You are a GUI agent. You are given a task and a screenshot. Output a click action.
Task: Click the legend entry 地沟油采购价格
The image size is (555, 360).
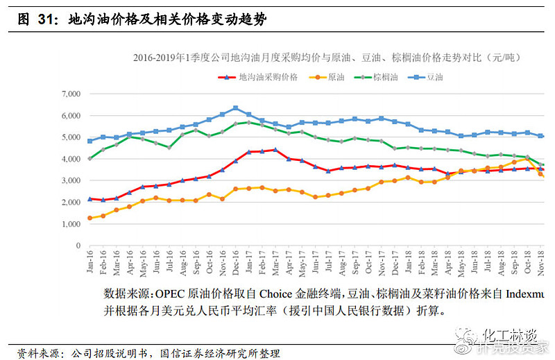pos(268,77)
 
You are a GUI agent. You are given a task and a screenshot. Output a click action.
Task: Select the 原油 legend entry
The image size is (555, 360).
pos(335,77)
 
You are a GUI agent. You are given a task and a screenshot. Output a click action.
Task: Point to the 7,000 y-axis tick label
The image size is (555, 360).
pos(71,94)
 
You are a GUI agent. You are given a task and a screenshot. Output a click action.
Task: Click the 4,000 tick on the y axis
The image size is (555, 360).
pos(71,159)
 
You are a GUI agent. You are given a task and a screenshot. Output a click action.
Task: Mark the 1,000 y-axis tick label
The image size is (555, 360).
pos(71,224)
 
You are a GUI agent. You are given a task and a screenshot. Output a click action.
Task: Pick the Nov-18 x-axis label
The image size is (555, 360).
pos(539,260)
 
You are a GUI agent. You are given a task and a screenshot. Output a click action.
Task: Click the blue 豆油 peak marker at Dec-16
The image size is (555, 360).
pos(235,108)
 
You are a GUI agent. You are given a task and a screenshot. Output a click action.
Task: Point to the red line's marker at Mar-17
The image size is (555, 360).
pos(275,150)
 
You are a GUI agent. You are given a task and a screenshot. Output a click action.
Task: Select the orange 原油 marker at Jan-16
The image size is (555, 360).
pos(89,218)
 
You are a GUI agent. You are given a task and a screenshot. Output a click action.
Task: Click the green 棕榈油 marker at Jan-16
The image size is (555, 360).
pos(89,159)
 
